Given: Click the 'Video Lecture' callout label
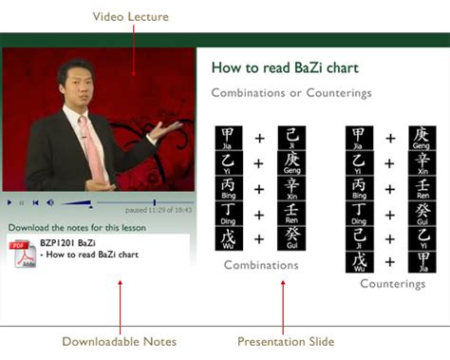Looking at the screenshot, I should (x=130, y=16).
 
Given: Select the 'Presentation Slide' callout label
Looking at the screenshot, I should (x=286, y=341).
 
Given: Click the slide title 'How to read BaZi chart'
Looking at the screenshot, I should (x=285, y=68).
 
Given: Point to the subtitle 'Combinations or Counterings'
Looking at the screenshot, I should (x=291, y=93).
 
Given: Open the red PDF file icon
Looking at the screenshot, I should (x=23, y=254).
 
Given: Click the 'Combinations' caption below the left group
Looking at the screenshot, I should (x=259, y=265).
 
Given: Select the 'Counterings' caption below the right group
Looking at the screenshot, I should (x=391, y=283).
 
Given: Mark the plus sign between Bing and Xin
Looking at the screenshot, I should (x=258, y=188).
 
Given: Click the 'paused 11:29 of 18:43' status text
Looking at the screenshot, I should (x=158, y=210).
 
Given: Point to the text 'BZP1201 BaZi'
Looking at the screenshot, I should (x=67, y=244).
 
